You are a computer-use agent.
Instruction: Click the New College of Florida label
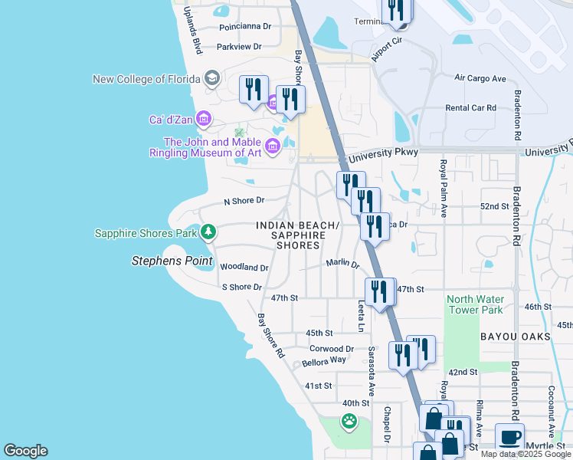point(146,79)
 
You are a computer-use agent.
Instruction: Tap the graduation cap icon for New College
point(212,78)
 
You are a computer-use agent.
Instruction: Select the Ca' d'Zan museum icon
point(204,119)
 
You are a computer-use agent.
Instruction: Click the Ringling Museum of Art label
point(212,147)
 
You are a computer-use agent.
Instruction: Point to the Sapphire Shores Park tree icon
point(208,232)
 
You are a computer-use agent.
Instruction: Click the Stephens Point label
point(172,261)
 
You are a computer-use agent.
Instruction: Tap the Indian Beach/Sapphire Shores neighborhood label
point(297,235)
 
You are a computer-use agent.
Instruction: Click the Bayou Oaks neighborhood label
point(512,337)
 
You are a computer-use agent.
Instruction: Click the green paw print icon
point(349,421)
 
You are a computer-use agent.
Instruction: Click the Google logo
point(25,451)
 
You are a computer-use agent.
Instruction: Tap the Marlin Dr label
point(342,263)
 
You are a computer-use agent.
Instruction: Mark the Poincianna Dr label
point(245,26)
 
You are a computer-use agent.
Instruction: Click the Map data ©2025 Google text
point(525,454)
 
